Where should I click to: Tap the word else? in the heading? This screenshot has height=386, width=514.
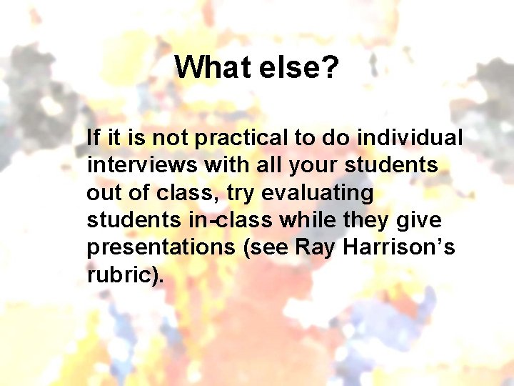coord(299,68)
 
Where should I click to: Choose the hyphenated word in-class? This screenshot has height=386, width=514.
coord(230,220)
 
